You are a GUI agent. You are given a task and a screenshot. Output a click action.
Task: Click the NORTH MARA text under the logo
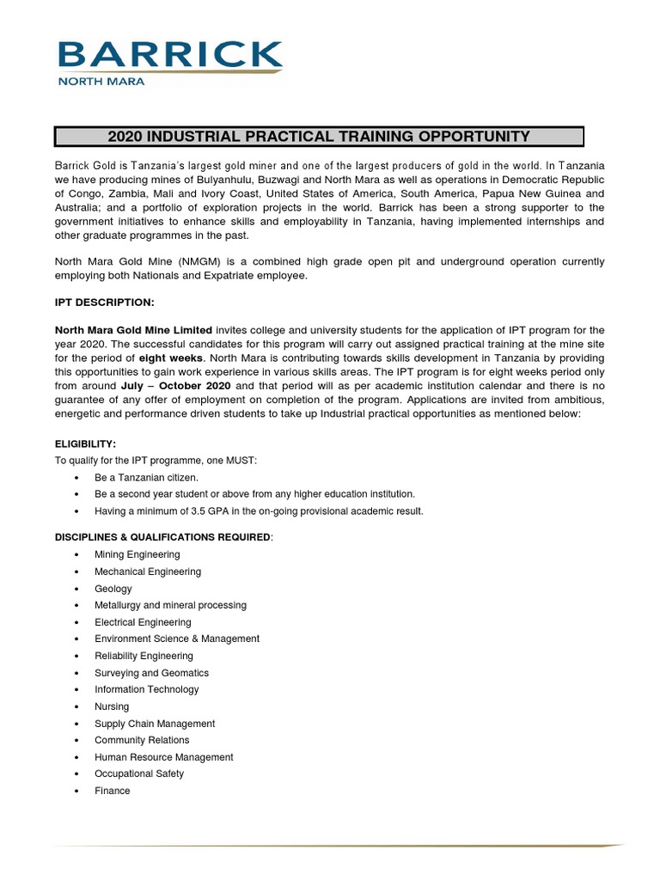pyautogui.click(x=101, y=82)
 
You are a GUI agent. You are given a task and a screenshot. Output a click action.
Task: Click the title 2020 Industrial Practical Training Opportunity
pyautogui.click(x=319, y=136)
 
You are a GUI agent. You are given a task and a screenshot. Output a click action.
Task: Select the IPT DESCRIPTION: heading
pyautogui.click(x=104, y=302)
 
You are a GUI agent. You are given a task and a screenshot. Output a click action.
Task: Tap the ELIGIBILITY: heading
pyautogui.click(x=85, y=443)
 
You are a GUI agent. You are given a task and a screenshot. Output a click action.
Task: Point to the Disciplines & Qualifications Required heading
pyautogui.click(x=163, y=537)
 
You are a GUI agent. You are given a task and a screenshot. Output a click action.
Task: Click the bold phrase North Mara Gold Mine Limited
pyautogui.click(x=133, y=330)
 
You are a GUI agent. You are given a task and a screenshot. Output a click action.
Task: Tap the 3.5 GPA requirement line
pyautogui.click(x=259, y=511)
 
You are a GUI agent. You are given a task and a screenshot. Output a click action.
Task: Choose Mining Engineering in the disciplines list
pyautogui.click(x=137, y=555)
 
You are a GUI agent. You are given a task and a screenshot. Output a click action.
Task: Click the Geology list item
pyautogui.click(x=113, y=589)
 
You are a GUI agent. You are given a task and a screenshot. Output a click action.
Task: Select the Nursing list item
pyautogui.click(x=112, y=706)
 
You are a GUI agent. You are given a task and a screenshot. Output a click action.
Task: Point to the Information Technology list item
pyautogui.click(x=146, y=689)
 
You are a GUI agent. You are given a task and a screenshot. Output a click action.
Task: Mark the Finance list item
pyautogui.click(x=113, y=791)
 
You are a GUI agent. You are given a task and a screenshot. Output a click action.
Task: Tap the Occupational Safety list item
pyautogui.click(x=139, y=773)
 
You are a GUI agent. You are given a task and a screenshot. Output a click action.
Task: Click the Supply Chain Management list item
pyautogui.click(x=155, y=724)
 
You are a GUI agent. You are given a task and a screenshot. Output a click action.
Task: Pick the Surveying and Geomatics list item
pyautogui.click(x=151, y=673)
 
